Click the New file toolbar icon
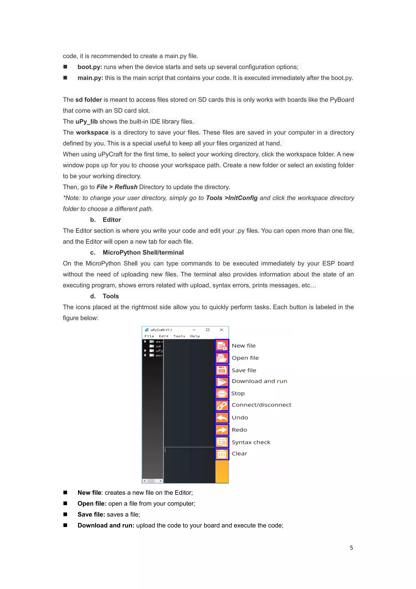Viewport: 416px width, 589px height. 222,346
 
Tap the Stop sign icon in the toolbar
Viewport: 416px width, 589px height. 222,394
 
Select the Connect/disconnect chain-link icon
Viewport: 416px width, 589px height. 222,406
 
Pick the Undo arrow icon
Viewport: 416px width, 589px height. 222,418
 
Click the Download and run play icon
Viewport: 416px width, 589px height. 222,382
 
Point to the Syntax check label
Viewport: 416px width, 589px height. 251,442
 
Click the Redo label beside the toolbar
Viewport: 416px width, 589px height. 239,430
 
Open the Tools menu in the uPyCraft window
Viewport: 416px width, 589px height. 179,336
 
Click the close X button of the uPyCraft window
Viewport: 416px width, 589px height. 222,330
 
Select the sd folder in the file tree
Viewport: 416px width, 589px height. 158,346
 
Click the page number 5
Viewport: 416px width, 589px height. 351,548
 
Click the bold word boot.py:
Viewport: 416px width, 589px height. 90,67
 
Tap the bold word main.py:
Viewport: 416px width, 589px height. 90,78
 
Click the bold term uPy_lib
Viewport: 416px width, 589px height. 87,122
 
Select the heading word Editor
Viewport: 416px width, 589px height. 112,220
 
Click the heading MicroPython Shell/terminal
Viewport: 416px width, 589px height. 143,252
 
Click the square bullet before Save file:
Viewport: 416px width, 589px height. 65,514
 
